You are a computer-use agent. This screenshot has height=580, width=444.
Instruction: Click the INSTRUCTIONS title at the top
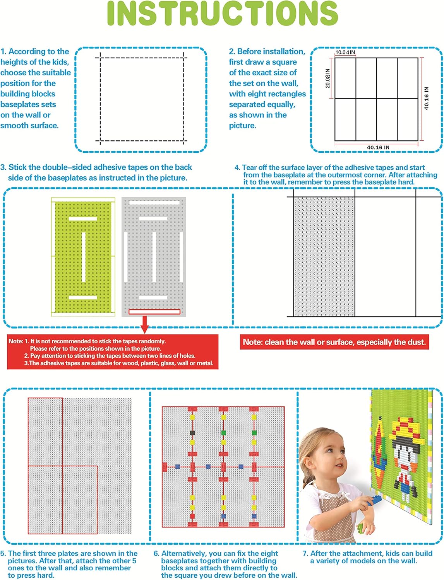pos(222,14)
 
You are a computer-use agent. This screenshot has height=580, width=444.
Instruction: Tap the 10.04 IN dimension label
pos(345,52)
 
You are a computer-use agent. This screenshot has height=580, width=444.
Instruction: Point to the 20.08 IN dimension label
pos(328,78)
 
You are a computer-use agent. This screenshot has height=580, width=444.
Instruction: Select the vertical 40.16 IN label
pos(426,98)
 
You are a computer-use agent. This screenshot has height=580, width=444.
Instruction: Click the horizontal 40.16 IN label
pos(378,147)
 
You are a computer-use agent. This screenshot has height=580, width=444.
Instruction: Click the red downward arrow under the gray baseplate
pos(145,324)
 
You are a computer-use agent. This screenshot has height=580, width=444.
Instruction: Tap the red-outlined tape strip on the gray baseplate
pos(154,312)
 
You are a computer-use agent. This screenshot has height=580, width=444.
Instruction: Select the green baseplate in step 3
pos(83,257)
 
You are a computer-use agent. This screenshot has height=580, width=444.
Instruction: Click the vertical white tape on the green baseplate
pos(84,257)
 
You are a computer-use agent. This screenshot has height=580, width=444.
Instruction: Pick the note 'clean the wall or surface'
pos(334,342)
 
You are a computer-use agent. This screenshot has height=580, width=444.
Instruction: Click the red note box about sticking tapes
pos(113,352)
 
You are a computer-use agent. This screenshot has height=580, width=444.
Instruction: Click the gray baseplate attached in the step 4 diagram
pos(324,257)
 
